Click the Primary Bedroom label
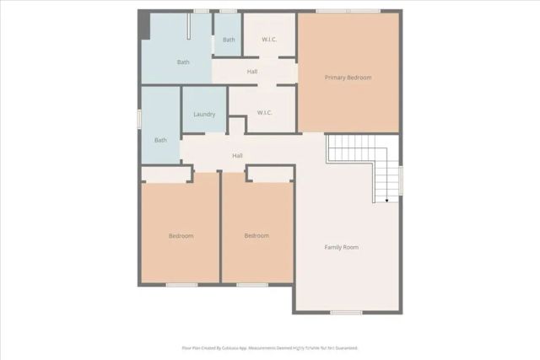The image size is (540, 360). click(348, 78)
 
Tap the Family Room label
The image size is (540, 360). click(342, 247)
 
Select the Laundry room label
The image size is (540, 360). click(204, 115)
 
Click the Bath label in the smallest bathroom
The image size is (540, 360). click(229, 40)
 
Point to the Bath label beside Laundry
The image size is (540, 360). click(160, 140)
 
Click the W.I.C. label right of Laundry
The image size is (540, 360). click(262, 113)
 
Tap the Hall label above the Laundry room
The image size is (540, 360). click(252, 72)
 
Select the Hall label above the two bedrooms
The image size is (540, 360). click(238, 155)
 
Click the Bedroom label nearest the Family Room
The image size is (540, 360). click(256, 235)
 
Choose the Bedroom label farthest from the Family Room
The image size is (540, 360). click(181, 235)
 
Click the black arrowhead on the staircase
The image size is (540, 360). click(386, 201)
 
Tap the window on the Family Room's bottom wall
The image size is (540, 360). click(346, 313)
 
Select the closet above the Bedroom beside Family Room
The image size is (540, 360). click(270, 174)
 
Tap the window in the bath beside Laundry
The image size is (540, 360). click(140, 119)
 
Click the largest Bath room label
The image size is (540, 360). click(183, 62)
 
